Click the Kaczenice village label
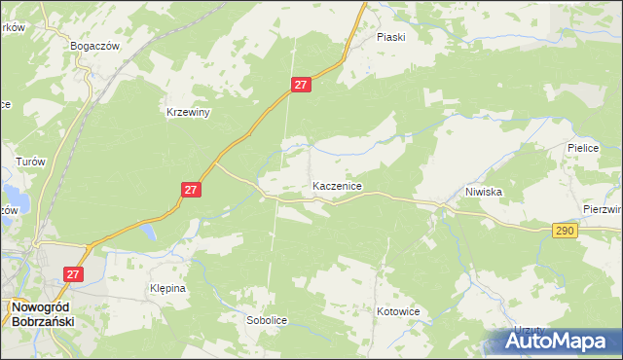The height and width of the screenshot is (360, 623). [x=338, y=185]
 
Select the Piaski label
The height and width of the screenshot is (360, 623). [x=390, y=37]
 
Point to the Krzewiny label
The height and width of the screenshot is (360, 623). [x=188, y=112]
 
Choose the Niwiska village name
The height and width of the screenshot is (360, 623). [x=483, y=192]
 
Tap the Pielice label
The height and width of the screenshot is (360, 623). [x=587, y=149]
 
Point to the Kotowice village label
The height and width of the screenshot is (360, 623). [x=397, y=312]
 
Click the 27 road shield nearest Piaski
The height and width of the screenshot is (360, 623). [x=301, y=86]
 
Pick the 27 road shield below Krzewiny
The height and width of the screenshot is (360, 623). [x=191, y=191]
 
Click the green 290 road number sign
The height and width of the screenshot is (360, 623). [x=564, y=231]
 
